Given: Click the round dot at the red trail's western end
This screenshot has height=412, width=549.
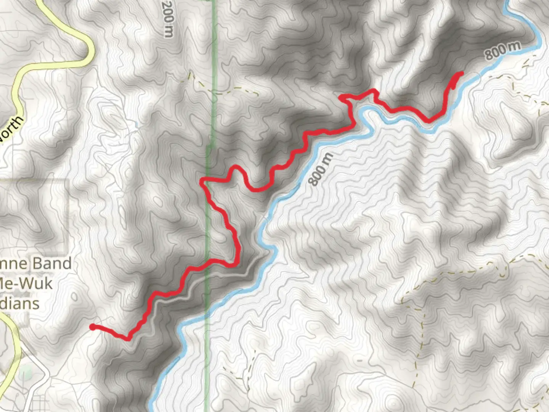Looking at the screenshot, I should pos(92,327).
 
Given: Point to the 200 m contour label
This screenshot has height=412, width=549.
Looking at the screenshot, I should pos(168,19).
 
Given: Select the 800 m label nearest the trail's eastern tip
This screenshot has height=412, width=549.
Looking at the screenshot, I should pos(502,50).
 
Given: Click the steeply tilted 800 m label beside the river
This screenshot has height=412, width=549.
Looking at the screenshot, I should pos(320,169).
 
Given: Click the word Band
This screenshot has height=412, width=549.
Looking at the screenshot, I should pos(52,264).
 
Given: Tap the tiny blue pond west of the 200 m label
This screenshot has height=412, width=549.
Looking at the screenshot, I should pos(136,124).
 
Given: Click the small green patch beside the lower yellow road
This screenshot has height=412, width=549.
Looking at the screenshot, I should pos(25,372).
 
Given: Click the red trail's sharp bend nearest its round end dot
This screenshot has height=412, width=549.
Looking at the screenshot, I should pos(128,338).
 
